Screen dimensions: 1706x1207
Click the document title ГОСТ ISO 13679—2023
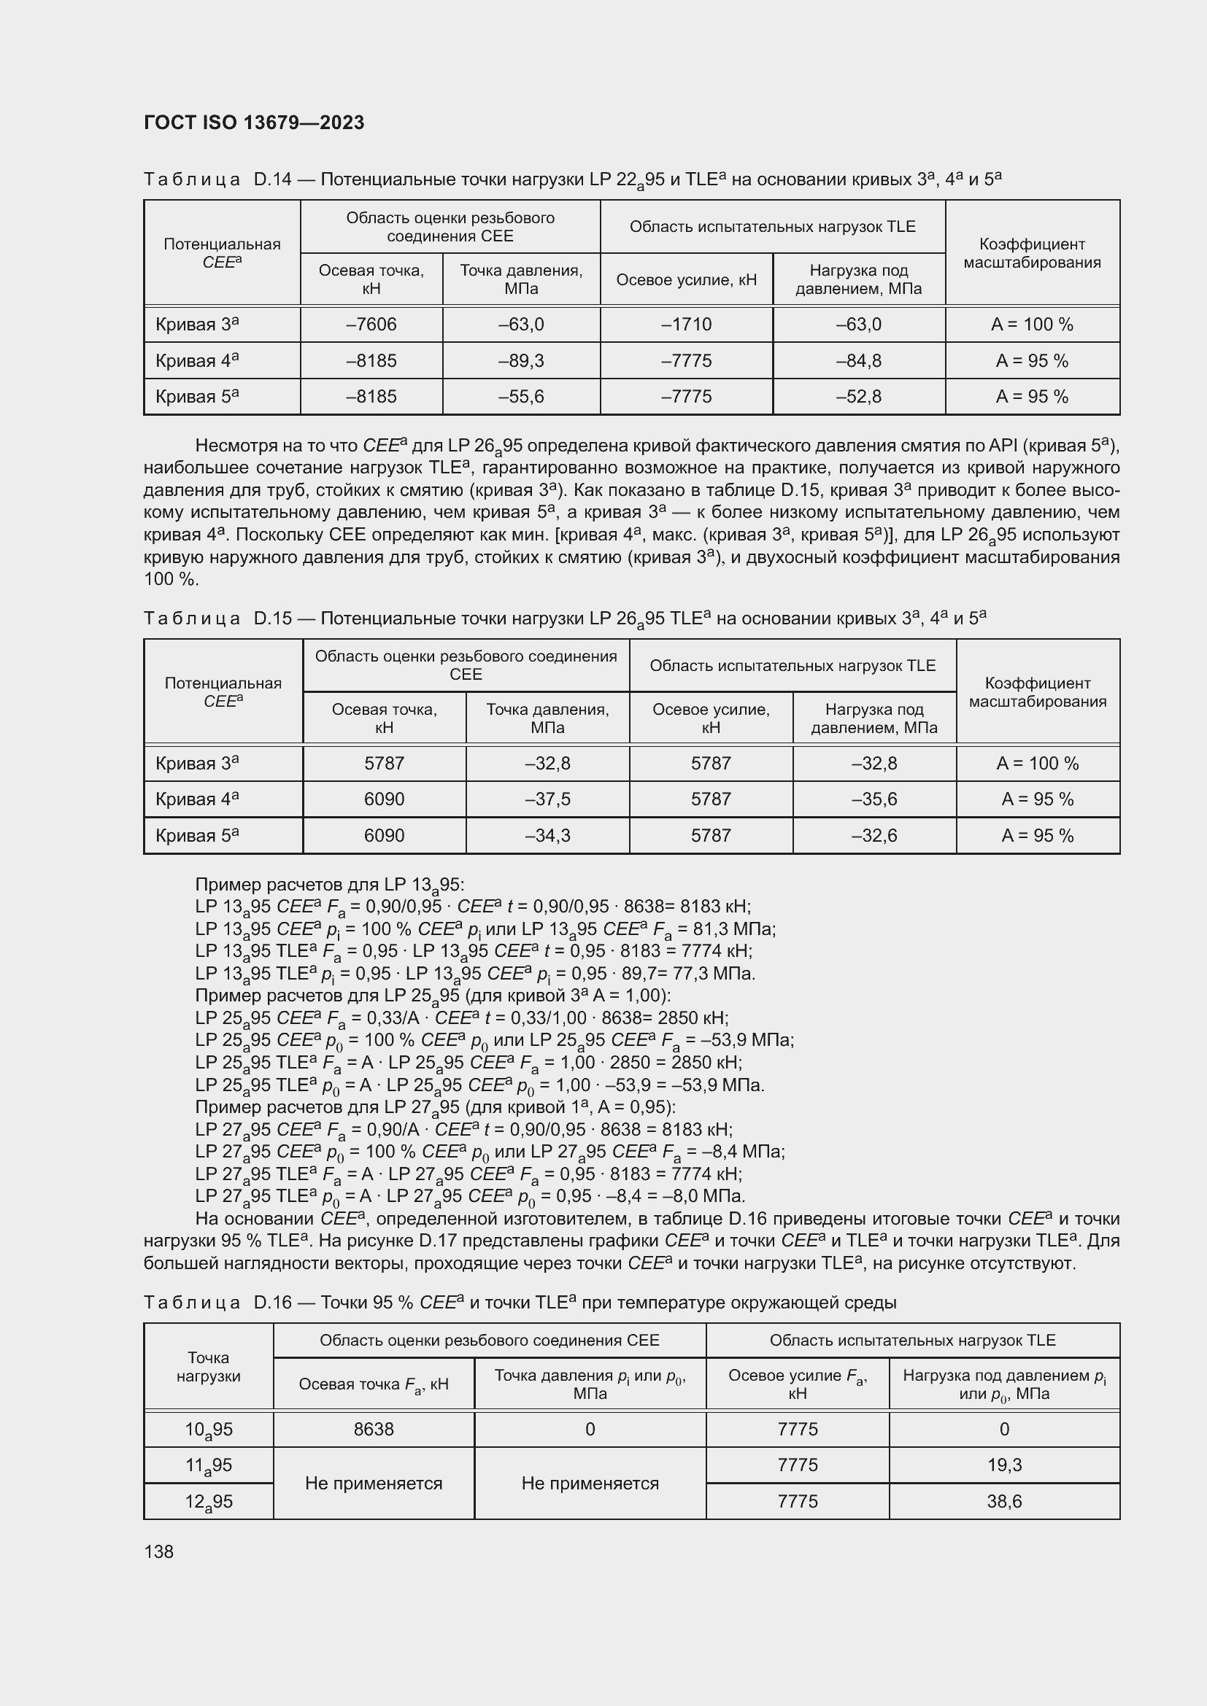[x=254, y=123]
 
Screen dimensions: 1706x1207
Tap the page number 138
[x=158, y=1551]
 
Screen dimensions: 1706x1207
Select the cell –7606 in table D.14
[x=371, y=325]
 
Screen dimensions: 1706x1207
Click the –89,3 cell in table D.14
[x=521, y=361]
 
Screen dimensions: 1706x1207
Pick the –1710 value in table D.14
[x=686, y=325]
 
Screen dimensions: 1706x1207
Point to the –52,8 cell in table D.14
[x=858, y=397]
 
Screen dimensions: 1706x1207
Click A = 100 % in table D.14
[x=1032, y=325]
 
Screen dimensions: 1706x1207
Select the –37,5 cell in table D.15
[x=547, y=799]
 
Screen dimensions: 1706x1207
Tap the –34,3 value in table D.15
[x=547, y=836]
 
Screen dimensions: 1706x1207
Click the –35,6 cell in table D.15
[x=874, y=799]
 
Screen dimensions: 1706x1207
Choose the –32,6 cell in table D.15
[x=874, y=836]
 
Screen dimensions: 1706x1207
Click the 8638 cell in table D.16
[x=373, y=1429]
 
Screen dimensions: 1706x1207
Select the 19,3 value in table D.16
[x=1004, y=1465]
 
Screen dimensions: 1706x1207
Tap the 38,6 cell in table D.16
[x=1004, y=1502]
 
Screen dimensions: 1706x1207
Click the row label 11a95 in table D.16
[x=208, y=1466]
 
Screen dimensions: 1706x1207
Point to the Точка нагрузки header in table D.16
[x=208, y=1366]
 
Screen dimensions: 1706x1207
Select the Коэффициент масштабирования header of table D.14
[x=1032, y=253]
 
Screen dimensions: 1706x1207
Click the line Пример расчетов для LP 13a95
[x=329, y=885]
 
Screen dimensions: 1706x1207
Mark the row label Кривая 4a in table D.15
[x=197, y=799]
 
